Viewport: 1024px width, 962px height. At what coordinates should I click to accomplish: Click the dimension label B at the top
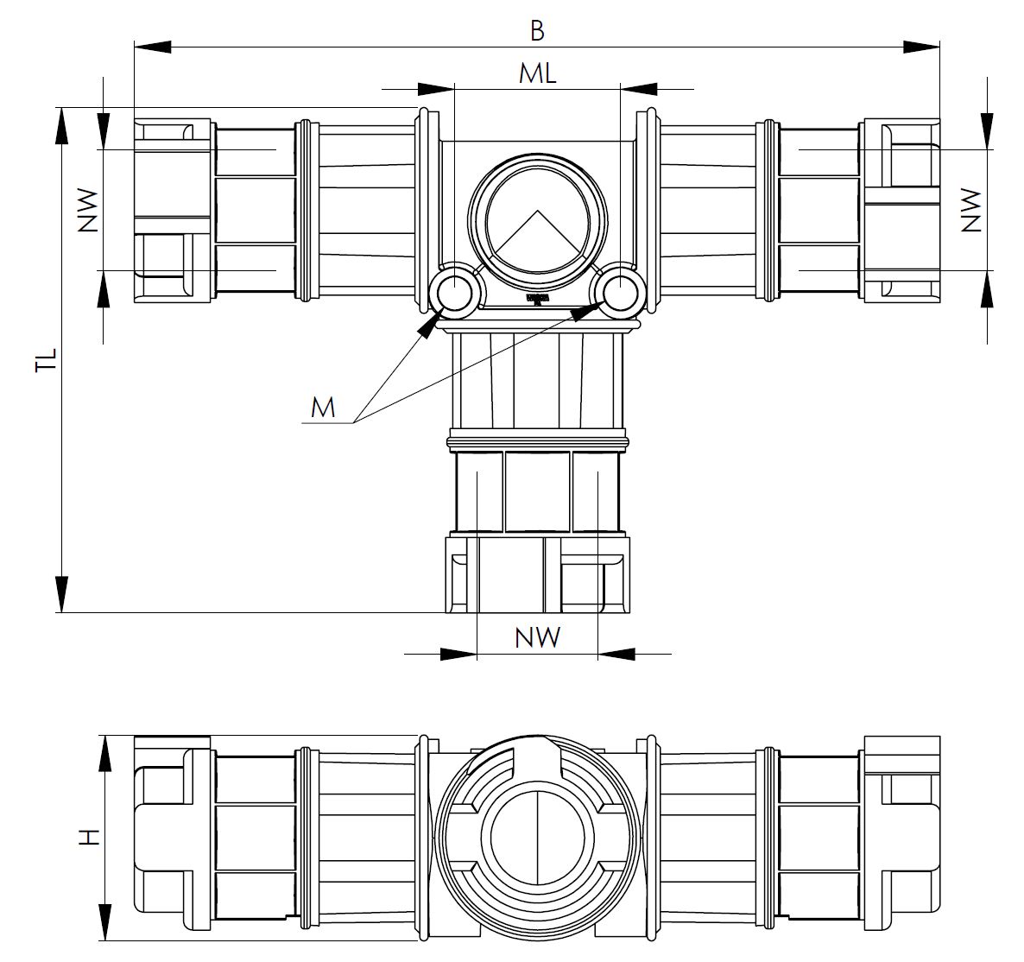coord(537,30)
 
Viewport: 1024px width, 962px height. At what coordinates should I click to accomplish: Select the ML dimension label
coord(537,74)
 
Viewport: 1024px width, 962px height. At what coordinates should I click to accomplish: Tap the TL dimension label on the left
coord(47,360)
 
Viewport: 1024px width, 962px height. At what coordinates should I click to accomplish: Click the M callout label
coord(323,408)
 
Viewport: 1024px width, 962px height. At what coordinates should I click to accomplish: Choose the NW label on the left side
coord(87,211)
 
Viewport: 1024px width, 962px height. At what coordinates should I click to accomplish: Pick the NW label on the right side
coord(971,211)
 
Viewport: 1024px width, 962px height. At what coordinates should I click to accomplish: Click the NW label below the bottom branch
coord(537,636)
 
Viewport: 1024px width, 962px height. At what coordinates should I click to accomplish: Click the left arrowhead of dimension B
coord(153,47)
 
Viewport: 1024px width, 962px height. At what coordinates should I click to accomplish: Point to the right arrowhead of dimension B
coord(921,47)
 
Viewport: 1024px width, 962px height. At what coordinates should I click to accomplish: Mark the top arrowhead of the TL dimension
coord(61,126)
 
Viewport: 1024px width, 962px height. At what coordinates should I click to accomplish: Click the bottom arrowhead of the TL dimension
coord(61,593)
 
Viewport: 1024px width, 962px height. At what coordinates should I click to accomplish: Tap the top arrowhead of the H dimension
coord(104,754)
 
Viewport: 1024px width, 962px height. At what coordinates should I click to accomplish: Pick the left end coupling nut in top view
coord(174,211)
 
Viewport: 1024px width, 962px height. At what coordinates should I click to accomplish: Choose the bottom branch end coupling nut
coord(537,575)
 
